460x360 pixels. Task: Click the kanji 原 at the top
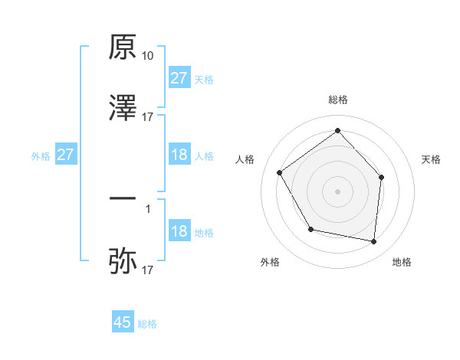click(123, 48)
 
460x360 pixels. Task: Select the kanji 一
click(123, 198)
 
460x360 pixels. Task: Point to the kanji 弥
click(123, 260)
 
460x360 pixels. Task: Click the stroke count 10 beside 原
click(148, 56)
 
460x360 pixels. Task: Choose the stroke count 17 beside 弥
click(148, 270)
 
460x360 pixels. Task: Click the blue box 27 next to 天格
click(179, 78)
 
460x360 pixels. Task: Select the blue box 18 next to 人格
click(179, 155)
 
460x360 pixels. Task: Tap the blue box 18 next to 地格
click(179, 231)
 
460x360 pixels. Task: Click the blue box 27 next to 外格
click(66, 155)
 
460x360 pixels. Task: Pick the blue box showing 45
click(123, 322)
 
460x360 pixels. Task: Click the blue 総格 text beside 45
click(147, 324)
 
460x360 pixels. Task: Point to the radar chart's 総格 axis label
click(337, 100)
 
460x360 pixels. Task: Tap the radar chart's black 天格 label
click(431, 159)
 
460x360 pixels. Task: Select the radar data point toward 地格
click(373, 241)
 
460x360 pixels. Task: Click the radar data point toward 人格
click(280, 173)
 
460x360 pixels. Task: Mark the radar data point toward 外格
click(310, 229)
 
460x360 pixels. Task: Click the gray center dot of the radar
click(337, 191)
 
